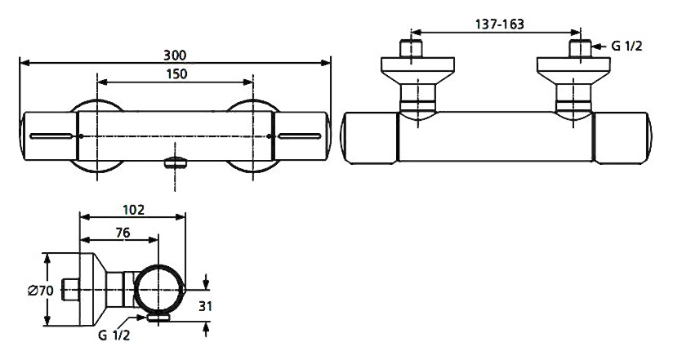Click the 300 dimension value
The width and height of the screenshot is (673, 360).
[x=175, y=56]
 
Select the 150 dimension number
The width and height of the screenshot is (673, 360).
[x=176, y=73]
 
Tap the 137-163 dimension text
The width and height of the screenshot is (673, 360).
[x=500, y=24]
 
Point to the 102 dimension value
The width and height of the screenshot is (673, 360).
[x=133, y=211]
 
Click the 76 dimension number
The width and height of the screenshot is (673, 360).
[x=123, y=233]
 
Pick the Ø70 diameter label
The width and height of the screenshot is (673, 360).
[x=41, y=291]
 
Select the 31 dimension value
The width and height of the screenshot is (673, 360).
[x=206, y=306]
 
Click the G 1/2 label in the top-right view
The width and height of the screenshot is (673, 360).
[x=626, y=46]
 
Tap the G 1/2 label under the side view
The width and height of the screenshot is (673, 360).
[x=114, y=336]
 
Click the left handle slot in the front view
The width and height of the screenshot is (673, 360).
[x=51, y=136]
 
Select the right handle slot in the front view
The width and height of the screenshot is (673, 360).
[x=299, y=136]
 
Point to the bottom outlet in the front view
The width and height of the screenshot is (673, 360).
[x=176, y=162]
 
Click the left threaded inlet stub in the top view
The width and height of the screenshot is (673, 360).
[x=411, y=48]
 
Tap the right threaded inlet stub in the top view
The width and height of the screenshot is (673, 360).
[x=580, y=48]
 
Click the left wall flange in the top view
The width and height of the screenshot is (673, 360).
[x=417, y=71]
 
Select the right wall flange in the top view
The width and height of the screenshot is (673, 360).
[x=573, y=71]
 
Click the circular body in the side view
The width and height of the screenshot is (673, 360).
[x=159, y=290]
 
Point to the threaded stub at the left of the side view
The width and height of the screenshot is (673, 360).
[x=70, y=291]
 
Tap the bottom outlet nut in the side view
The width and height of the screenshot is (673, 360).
[x=158, y=318]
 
